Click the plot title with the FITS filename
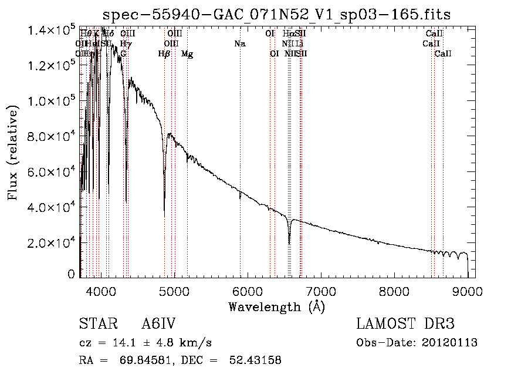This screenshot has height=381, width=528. click(x=277, y=15)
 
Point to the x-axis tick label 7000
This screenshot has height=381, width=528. click(x=321, y=290)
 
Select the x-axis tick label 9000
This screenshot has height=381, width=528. click(x=468, y=290)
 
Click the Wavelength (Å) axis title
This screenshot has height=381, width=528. click(x=276, y=306)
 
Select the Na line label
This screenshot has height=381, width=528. click(x=239, y=43)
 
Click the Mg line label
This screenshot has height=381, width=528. click(x=187, y=54)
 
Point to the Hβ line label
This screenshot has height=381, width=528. click(x=164, y=54)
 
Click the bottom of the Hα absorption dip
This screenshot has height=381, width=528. click(x=289, y=244)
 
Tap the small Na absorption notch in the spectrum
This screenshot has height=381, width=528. click(x=240, y=198)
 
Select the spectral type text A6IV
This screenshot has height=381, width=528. click(x=158, y=324)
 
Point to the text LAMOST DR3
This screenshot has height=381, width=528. click(x=405, y=324)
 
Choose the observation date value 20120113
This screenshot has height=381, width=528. click(x=451, y=343)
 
